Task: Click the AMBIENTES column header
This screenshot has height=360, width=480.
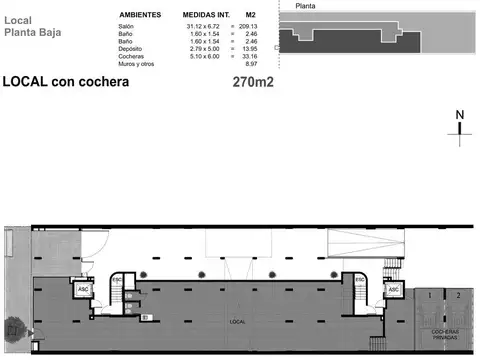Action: [x=141, y=15]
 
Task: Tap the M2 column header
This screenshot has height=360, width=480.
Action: [x=251, y=15]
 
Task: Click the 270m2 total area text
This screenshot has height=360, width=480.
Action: [x=253, y=82]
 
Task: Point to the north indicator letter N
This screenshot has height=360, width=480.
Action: [x=460, y=115]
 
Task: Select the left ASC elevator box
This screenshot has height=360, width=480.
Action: [x=84, y=290]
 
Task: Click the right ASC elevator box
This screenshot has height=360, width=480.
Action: [x=394, y=290]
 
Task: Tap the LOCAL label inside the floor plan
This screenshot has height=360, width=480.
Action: [x=238, y=322]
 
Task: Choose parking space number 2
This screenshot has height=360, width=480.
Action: [x=458, y=296]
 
